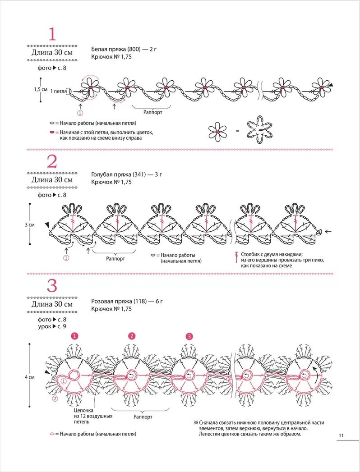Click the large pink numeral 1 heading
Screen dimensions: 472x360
point(52,34)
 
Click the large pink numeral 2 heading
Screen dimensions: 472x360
point(52,161)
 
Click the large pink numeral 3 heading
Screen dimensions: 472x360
point(52,287)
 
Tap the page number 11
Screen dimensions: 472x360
point(341,435)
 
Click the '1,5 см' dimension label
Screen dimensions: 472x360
point(41,89)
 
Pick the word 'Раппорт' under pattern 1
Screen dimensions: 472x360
point(152,112)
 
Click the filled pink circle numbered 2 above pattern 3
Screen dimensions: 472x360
point(132,336)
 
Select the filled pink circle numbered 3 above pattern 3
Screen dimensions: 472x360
point(189,336)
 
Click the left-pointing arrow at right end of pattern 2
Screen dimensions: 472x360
point(328,232)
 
